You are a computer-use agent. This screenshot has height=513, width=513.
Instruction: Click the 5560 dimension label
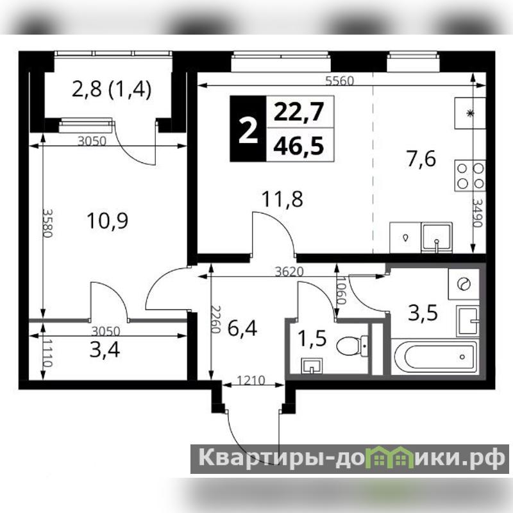340,81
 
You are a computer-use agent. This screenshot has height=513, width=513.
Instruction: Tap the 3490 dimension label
477,213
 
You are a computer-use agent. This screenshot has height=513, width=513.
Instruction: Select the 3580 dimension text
47,223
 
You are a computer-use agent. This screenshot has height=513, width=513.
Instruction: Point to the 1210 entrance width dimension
251,380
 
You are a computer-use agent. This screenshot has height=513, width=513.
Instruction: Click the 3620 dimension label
289,271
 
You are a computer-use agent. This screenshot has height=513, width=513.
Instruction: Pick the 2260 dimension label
215,319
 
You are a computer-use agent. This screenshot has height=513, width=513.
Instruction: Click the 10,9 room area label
108,221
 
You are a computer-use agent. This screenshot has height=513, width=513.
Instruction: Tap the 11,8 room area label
282,199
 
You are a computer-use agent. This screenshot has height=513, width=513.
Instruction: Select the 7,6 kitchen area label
421,160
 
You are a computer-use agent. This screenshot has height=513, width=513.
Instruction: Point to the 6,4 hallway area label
242,328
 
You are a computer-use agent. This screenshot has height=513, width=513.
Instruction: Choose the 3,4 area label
105,349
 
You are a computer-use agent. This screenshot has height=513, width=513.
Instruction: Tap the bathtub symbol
435,357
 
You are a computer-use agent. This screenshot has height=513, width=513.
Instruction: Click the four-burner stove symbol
470,176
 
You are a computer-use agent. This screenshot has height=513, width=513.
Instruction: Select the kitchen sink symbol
437,237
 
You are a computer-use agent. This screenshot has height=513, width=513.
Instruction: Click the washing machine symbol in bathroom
464,283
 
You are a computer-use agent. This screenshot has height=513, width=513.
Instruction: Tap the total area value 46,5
299,146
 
